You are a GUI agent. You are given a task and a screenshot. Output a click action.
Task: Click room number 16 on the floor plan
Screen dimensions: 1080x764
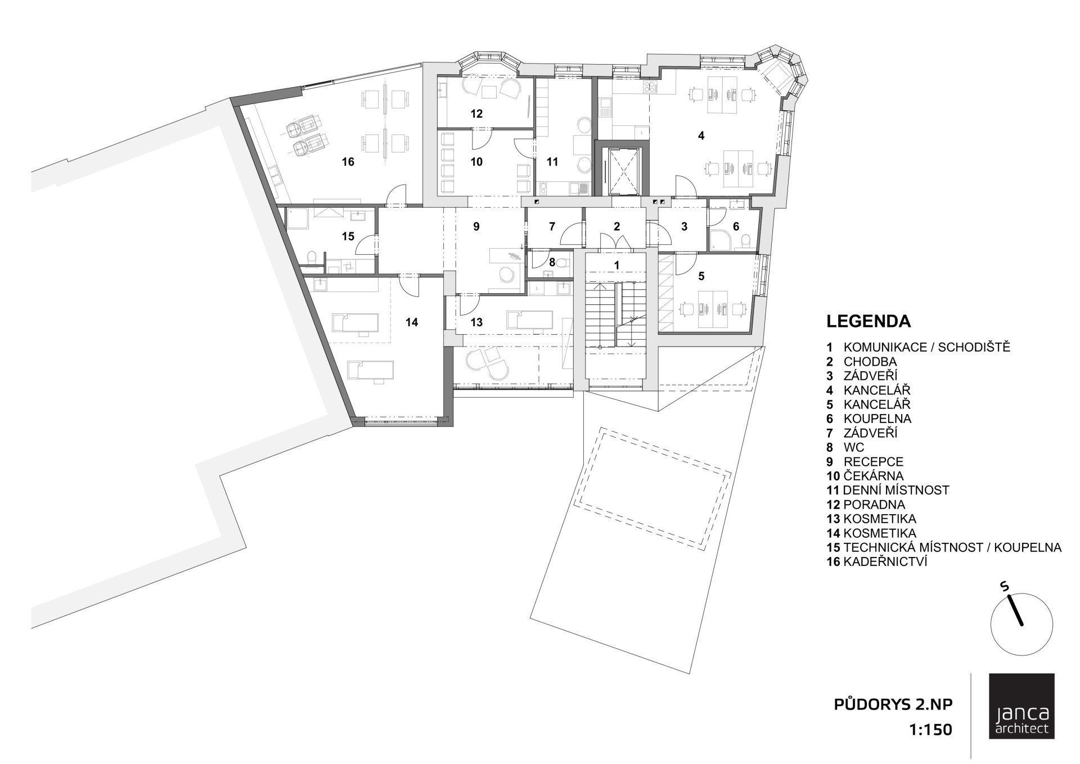coord(348,162)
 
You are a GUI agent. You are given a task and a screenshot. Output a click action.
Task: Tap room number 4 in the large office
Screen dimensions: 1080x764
coord(701,136)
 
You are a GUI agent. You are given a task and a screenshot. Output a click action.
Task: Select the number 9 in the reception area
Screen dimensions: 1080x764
coord(476,227)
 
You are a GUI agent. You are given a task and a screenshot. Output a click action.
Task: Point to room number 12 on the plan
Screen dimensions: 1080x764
coord(476,114)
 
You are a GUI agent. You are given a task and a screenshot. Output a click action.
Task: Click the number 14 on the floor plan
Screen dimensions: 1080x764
coord(412,322)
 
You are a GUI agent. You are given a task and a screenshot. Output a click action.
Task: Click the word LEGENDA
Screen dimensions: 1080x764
coord(868,321)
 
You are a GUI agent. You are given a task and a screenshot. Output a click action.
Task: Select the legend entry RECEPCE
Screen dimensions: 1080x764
coord(873,462)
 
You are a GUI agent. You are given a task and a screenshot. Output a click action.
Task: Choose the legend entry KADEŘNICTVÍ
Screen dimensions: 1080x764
coord(885,562)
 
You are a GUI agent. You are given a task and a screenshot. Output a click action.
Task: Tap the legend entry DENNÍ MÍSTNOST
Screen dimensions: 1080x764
coord(896,491)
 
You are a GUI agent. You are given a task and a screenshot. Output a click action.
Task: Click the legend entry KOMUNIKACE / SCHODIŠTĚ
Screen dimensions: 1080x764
coord(927,347)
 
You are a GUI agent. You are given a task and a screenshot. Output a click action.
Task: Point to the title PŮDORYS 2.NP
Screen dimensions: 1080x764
coord(893,705)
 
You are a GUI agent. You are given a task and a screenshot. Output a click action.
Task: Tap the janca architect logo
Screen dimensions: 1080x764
coord(1021,714)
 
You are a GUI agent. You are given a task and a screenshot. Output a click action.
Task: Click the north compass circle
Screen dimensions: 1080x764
coord(1021,624)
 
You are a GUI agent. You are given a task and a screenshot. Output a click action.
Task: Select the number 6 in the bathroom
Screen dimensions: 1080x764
coord(736,227)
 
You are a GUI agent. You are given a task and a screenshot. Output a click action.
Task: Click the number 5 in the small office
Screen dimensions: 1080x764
coord(701,276)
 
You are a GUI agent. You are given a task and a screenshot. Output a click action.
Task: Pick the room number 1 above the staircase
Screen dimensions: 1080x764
coord(616,264)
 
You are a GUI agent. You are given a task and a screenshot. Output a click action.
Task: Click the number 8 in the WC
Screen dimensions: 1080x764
coord(552,262)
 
